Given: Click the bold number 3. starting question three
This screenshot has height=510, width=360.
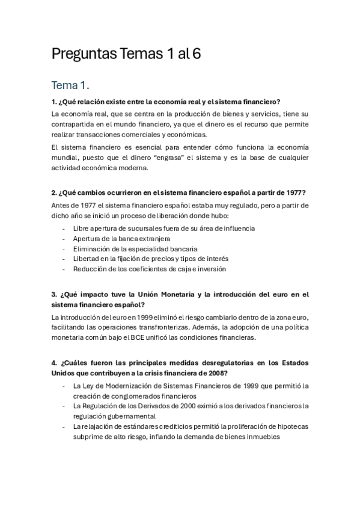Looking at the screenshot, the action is [x=55, y=295].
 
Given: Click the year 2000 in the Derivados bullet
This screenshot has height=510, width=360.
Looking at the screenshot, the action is [x=179, y=406].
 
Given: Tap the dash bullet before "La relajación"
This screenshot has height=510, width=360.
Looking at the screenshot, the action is [x=64, y=426].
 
